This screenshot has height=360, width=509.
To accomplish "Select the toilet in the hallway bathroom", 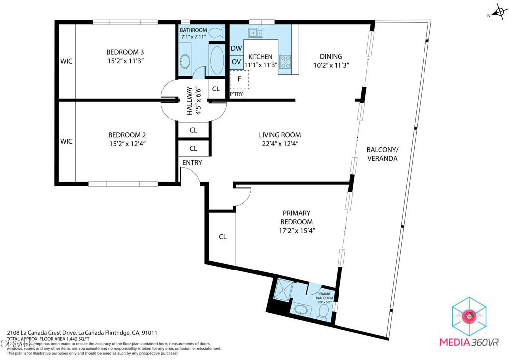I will (215, 33).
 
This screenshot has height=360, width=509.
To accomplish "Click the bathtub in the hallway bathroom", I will (218, 60).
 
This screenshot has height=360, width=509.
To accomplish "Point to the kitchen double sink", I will (256, 33).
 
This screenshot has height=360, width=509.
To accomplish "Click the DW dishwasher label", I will (236, 49).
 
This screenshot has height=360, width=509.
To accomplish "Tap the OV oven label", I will (236, 62).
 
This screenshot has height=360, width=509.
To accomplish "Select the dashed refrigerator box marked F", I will (239, 79).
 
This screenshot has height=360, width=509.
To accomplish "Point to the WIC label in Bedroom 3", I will (66, 61).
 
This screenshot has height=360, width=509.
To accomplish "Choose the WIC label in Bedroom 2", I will (66, 142).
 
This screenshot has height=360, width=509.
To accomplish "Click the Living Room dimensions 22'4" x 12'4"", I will (280, 144).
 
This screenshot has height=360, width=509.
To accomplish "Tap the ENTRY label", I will (192, 163).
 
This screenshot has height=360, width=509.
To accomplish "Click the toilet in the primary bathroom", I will (323, 312).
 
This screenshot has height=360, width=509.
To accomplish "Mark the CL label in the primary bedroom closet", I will (222, 237).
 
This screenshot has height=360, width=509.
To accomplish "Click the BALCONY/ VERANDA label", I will (382, 154).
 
